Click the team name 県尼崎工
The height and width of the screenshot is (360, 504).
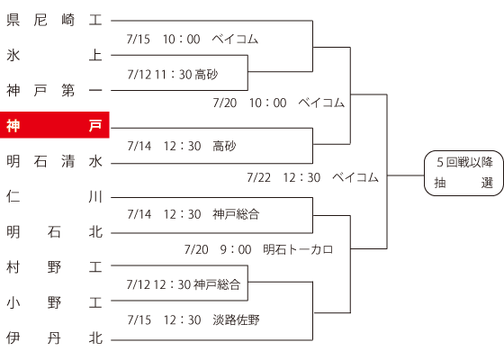pos(54,20)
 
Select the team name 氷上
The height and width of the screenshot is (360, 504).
pos(54,55)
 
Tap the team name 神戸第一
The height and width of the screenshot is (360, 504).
pos(54,90)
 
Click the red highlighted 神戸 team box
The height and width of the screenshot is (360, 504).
pos(55,125)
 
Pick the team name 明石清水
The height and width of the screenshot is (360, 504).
pos(54,161)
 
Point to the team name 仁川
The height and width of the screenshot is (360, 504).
pos(54,196)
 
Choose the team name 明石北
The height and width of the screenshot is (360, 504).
pos(54,232)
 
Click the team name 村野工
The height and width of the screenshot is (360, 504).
pos(54,267)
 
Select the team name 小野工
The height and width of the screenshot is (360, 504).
pos(54,302)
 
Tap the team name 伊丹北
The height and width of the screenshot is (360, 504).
pos(54,337)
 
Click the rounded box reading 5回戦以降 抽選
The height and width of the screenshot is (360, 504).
pos(463,173)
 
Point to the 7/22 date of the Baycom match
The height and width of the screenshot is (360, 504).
pos(259,177)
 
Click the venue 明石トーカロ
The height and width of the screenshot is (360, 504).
pos(298,249)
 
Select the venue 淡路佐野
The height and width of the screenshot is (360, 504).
pos(236,319)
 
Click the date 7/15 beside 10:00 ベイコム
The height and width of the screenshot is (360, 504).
pos(139,40)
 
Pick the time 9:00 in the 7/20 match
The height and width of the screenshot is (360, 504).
pos(236,249)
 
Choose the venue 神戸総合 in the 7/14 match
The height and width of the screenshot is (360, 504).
pos(236,214)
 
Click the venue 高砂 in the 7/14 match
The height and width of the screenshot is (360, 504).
pos(224,146)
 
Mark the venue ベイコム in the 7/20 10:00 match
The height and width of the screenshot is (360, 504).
pos(321,103)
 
